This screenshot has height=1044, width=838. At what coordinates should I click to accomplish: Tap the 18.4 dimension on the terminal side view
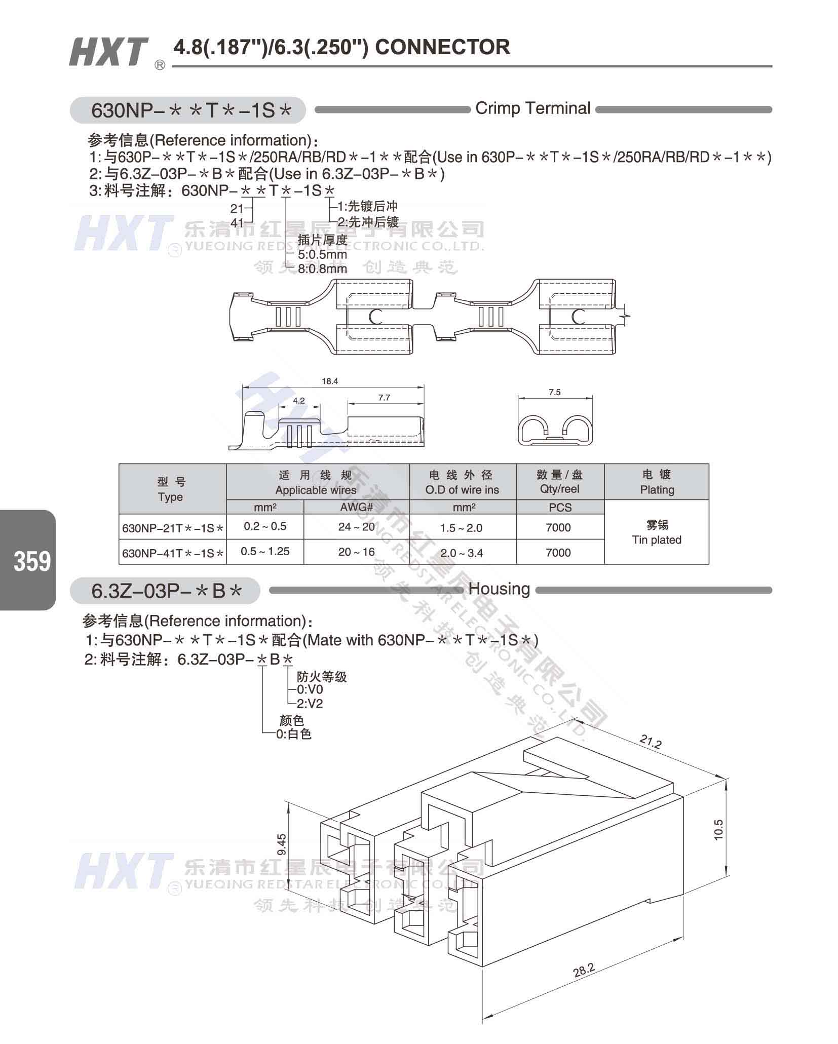pos(329,381)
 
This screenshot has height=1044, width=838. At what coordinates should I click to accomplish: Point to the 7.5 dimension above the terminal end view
pos(554,392)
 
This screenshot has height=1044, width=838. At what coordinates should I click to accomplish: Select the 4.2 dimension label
pos(299,401)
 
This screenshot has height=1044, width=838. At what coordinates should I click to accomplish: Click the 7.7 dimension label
pos(384,398)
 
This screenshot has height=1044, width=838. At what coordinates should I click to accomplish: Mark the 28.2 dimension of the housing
pos(584,970)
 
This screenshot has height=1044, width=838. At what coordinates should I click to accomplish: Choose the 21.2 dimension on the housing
pos(650,742)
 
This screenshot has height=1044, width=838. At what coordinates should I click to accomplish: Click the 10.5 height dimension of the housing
pos(719,830)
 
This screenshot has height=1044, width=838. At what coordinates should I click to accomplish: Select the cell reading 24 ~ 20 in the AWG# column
pos(357,527)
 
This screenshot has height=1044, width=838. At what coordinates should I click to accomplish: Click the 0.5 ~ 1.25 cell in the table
pos(265,551)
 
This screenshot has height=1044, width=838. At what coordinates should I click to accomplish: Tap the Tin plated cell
pos(657,532)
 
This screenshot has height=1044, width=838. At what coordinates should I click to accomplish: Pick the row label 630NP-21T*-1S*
pos(173,528)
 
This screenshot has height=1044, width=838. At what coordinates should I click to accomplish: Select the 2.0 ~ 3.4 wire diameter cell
pos(462,553)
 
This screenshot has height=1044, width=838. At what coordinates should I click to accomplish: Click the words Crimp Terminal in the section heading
pos(533,108)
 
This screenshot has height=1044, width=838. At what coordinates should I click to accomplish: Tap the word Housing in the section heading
pos(500,589)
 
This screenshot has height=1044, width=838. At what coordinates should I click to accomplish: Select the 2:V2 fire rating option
pos(310,704)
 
